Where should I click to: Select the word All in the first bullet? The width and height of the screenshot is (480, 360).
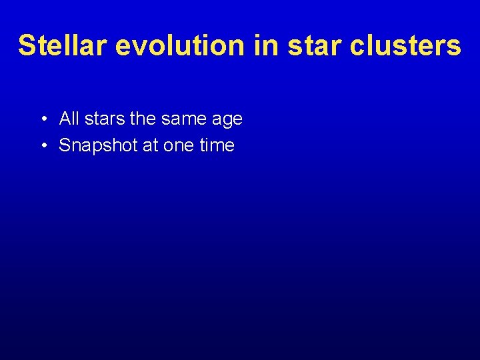pos(69,119)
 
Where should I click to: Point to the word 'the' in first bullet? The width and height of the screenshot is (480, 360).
pos(143,119)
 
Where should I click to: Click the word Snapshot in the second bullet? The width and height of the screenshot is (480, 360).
pos(99,145)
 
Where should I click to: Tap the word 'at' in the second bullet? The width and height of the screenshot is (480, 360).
pos(151,145)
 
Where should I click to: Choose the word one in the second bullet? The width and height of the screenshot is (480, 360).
pos(178,145)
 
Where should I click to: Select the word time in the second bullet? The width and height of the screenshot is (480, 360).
pos(217,145)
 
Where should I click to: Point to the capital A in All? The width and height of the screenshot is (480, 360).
pos(65,119)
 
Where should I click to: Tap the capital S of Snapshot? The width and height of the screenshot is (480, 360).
pos(65,145)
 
